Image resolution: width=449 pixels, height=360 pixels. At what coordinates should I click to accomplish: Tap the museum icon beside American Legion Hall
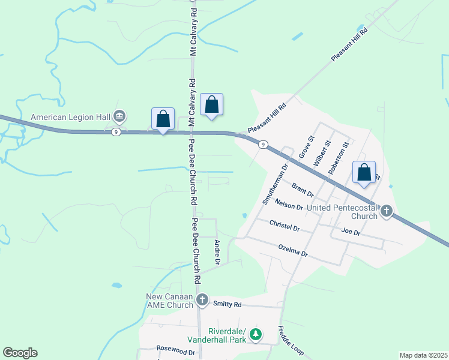119,115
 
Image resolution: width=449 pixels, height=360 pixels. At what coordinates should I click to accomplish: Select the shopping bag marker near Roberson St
364,173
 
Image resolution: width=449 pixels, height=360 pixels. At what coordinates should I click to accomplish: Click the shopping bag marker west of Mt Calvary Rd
163,119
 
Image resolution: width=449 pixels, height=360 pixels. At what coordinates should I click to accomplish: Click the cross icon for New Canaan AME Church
203,299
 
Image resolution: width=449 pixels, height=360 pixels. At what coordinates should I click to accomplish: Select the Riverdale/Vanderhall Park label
227,335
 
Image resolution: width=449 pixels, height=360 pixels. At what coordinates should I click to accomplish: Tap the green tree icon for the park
256,334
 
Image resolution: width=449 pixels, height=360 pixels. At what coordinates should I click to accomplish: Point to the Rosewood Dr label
176,348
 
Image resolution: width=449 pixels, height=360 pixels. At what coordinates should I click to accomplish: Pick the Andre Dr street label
217,252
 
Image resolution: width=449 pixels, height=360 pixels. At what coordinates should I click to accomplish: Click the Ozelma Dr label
293,251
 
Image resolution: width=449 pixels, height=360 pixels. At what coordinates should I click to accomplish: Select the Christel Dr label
285,227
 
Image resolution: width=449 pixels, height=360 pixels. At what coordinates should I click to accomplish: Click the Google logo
20,353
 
